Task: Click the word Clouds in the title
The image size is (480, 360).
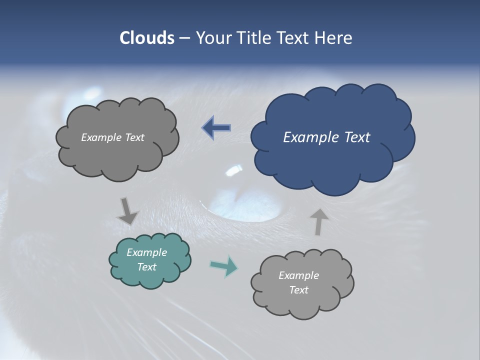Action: pos(146,38)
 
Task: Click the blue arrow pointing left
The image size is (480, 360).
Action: pos(216,128)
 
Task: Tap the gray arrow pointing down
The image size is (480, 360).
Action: pos(127,211)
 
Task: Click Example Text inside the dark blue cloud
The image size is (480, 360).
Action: pos(326,137)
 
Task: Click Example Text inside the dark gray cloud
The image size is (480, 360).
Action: pos(112,137)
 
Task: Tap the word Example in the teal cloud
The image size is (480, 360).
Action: pos(146,252)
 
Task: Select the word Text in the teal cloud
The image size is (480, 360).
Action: pos(146,267)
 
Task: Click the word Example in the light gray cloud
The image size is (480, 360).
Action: pos(298,275)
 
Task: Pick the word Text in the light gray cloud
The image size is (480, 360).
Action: pos(298,290)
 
